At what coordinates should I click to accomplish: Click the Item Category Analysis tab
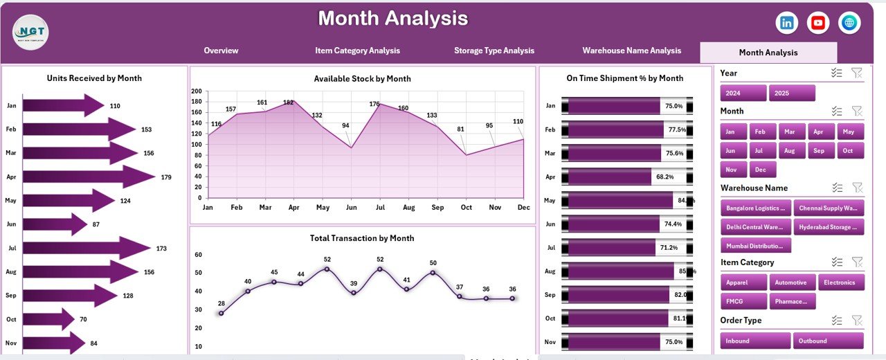click(x=357, y=51)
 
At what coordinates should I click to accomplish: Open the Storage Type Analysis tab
click(x=494, y=51)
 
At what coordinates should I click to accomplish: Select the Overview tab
click(x=221, y=51)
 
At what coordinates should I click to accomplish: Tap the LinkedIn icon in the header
click(x=787, y=23)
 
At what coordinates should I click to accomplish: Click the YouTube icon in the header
click(x=818, y=23)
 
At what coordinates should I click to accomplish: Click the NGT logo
click(x=30, y=32)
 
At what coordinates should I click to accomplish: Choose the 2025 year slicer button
click(x=792, y=93)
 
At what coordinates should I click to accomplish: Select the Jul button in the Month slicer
click(x=760, y=150)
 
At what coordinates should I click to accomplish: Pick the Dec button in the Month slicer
click(x=763, y=170)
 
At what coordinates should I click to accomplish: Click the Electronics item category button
click(x=840, y=282)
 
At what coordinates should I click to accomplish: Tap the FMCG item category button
click(x=743, y=301)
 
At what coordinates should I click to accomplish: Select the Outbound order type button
click(x=829, y=341)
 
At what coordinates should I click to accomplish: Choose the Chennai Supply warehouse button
click(x=829, y=208)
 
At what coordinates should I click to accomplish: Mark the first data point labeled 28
click(x=221, y=313)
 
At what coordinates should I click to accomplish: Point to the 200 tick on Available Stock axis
click(x=196, y=91)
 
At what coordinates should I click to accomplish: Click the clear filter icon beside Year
click(x=856, y=73)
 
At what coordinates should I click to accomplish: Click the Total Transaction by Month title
click(x=362, y=238)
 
